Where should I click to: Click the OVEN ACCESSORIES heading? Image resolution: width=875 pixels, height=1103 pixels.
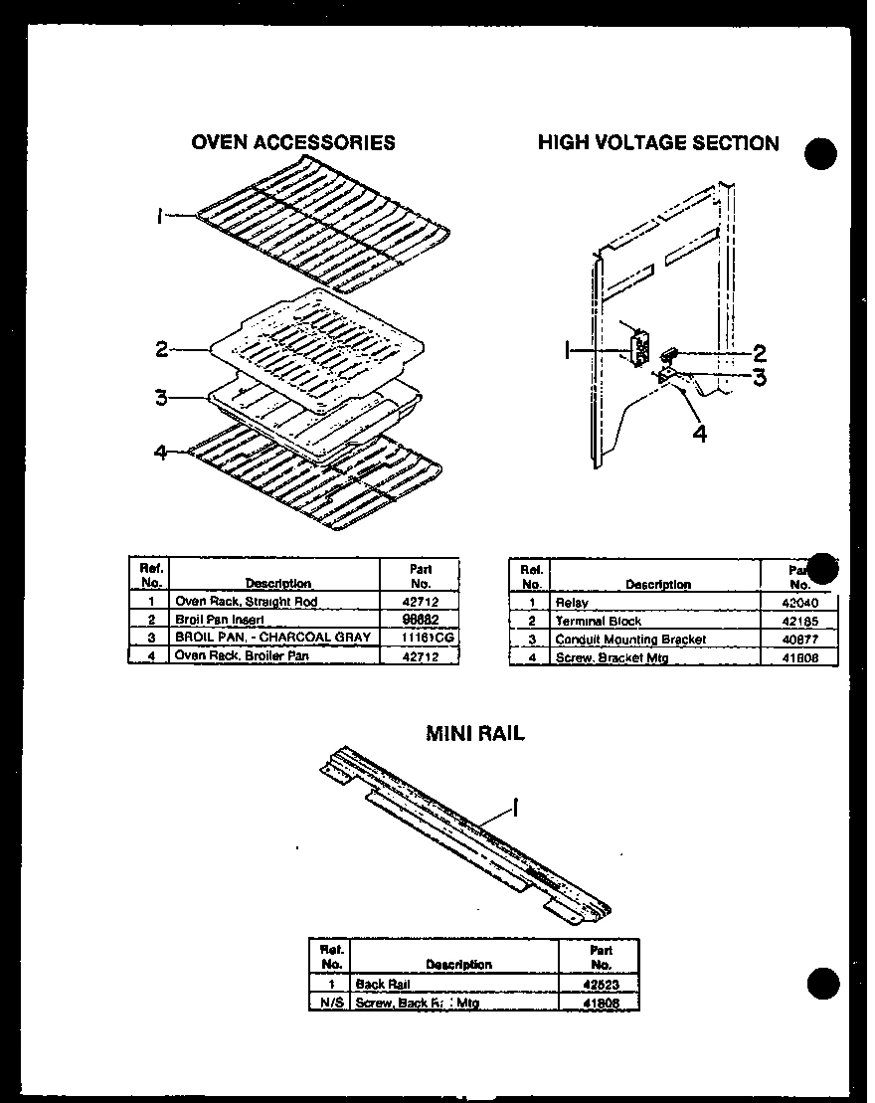click(292, 142)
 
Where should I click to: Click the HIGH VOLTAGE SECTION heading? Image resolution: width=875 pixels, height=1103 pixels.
click(657, 142)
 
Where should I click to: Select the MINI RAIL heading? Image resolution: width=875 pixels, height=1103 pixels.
click(475, 734)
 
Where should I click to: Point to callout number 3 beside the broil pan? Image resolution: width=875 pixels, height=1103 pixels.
click(160, 398)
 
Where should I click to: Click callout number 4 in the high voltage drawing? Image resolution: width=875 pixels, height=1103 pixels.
click(700, 435)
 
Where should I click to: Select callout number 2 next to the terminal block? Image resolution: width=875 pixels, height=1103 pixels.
click(759, 352)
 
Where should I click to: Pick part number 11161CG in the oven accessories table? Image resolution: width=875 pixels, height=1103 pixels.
click(421, 637)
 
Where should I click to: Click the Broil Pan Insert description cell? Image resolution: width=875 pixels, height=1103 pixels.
click(219, 619)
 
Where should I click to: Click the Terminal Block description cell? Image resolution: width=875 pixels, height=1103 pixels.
click(598, 621)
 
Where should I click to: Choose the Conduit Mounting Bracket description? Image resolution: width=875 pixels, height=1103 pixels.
click(629, 640)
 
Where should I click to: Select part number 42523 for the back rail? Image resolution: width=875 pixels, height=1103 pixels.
click(601, 985)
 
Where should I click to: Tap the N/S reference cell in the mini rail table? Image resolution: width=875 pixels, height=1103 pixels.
click(331, 1004)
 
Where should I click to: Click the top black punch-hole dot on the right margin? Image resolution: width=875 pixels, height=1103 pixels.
click(820, 155)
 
